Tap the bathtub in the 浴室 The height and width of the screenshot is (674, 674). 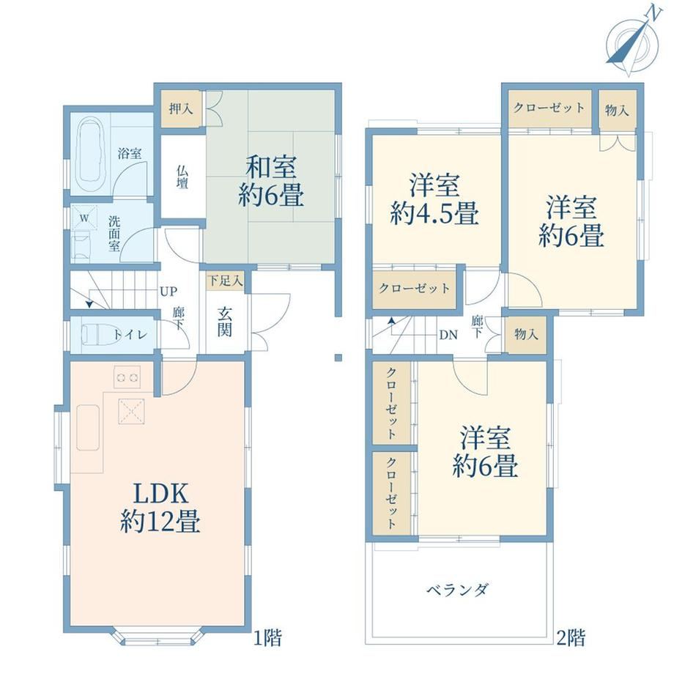91,154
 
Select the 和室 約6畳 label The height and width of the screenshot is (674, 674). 271,182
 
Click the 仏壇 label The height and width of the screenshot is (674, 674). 182,177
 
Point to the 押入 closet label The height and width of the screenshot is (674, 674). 181,108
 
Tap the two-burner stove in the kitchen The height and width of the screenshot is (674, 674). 127,377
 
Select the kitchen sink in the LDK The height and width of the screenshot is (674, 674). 88,427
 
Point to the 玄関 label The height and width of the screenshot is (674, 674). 225,322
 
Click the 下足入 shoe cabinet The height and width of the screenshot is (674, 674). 225,281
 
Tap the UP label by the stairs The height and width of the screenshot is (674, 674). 168,292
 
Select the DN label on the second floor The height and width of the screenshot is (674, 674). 448,335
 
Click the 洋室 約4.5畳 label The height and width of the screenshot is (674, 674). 434,199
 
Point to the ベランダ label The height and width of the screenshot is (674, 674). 457,589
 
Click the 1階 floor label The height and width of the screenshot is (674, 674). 267,637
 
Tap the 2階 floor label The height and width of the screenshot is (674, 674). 571,637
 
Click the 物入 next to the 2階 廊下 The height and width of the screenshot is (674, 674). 526,334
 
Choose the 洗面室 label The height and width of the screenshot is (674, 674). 114,234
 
